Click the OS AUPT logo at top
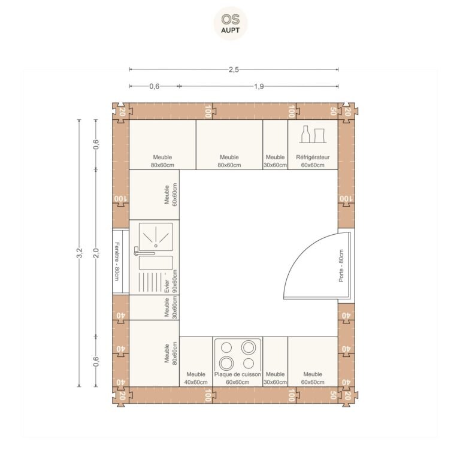230,23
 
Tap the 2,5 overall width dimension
234,69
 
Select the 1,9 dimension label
259,86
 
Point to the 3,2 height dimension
79,253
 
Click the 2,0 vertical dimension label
96,253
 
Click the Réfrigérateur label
313,158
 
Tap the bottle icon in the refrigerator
305,134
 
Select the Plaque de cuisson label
238,374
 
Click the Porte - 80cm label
341,266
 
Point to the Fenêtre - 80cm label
117,261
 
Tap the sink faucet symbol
144,252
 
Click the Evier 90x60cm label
171,282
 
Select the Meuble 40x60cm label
196,378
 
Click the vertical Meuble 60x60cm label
171,195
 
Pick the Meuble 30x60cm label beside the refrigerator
275,161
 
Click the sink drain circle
156,246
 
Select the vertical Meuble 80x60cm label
171,353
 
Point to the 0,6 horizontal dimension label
155,86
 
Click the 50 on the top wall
333,111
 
